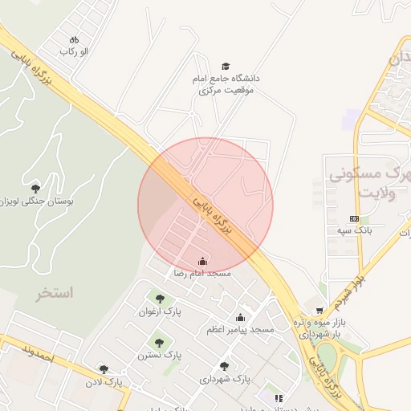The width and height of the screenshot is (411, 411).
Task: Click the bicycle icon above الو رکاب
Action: click(75, 39)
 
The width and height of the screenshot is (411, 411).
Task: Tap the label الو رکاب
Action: click(73, 51)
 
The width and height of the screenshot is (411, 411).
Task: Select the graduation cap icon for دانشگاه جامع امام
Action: click(226, 67)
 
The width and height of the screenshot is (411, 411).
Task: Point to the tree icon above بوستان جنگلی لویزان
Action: click(35, 188)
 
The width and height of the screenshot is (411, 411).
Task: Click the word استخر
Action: click(54, 293)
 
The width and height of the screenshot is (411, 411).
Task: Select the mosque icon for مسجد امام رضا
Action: click(202, 261)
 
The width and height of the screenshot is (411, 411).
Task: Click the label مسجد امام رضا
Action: click(202, 274)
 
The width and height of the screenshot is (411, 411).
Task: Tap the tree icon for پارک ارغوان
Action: click(160, 299)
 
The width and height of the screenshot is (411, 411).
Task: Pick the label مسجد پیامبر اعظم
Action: click(240, 330)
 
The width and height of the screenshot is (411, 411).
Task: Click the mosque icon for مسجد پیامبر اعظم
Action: click(240, 318)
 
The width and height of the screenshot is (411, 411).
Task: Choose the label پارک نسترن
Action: click(159, 354)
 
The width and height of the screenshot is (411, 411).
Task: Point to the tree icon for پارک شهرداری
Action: click(224, 366)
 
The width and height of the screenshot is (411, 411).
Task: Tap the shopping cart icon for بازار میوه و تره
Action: click(319, 310)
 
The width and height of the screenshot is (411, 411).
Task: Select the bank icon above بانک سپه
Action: click(354, 218)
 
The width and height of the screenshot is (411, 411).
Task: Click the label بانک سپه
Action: click(348, 230)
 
